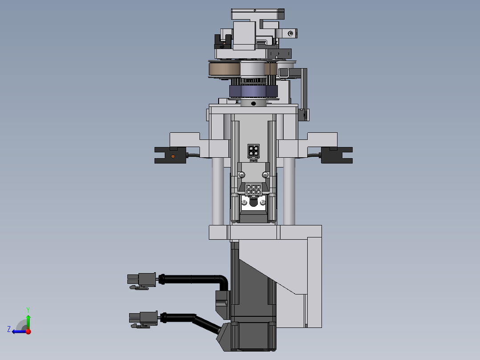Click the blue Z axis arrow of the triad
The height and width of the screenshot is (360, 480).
(16, 331)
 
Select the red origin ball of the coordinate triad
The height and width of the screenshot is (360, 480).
(28, 331)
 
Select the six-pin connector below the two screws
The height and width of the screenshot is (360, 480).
(253, 190)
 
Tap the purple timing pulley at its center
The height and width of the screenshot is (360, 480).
(253, 91)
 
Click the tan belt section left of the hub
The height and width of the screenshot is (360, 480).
(224, 70)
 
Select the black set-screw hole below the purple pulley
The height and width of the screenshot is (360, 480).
(253, 103)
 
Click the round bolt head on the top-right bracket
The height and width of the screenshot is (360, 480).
(291, 33)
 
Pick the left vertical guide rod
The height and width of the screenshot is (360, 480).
(218, 192)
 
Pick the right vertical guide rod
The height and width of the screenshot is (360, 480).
(289, 192)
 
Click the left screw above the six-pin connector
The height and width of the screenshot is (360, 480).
(241, 174)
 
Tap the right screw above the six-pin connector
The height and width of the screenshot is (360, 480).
(265, 174)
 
